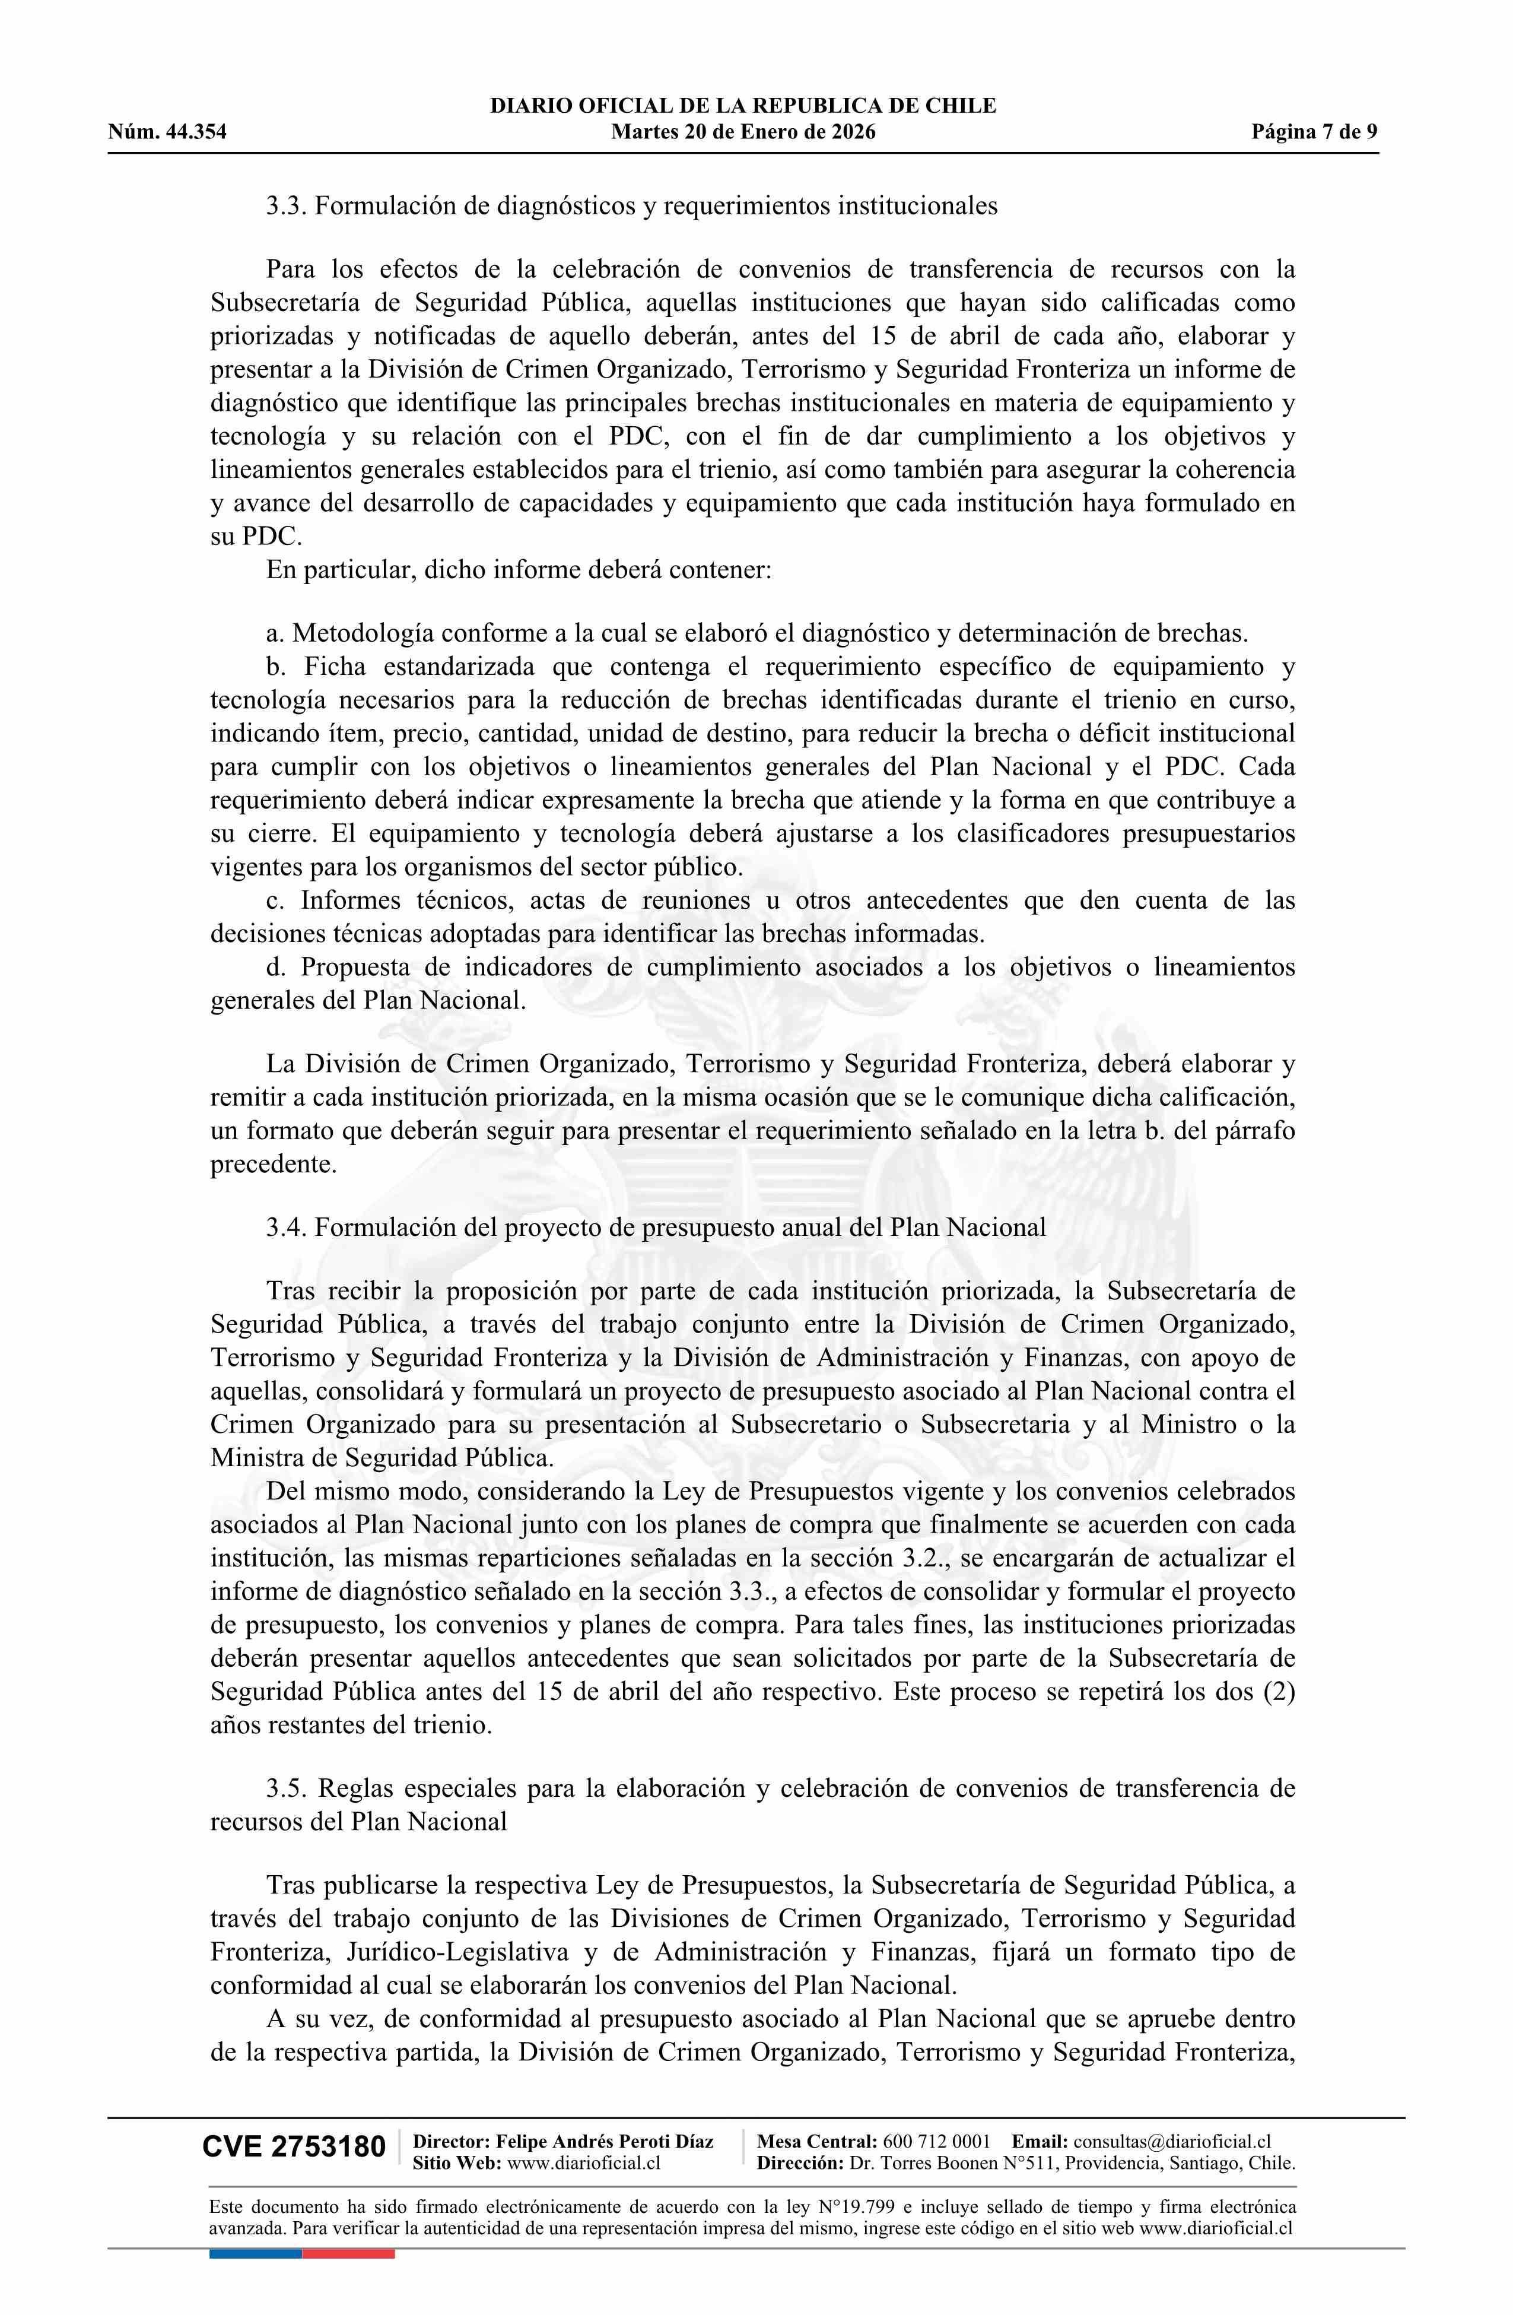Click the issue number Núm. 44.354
coord(167,132)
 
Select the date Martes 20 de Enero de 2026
coord(743,132)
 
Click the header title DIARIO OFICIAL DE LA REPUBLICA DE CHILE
coord(743,106)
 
